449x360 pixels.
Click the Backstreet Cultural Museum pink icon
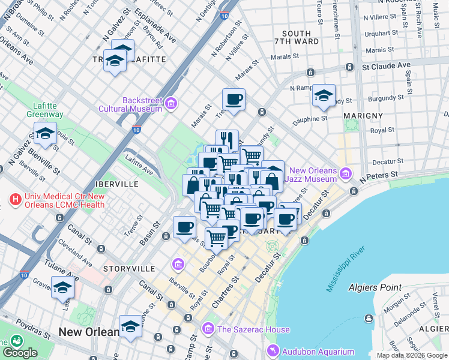pyautogui.click(x=170, y=104)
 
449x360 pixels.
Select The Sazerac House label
pyautogui.click(x=253, y=329)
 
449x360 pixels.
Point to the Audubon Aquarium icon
pyautogui.click(x=273, y=352)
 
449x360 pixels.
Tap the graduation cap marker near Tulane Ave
pyautogui.click(x=62, y=288)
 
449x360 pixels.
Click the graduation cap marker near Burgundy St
pyautogui.click(x=324, y=95)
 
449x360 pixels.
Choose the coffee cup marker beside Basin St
pyautogui.click(x=184, y=227)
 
